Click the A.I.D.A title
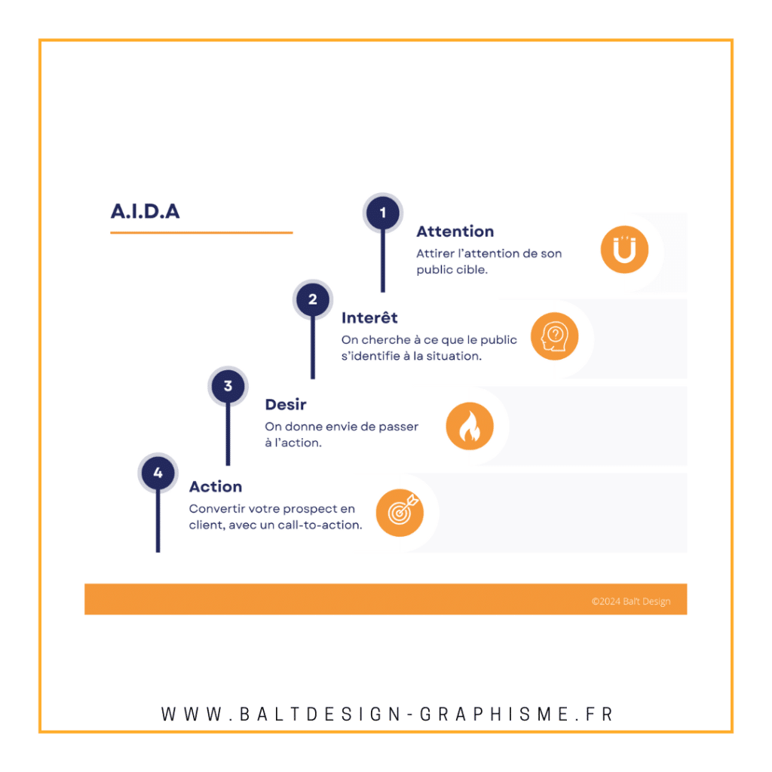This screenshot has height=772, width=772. pyautogui.click(x=146, y=211)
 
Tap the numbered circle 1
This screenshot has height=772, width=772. pyautogui.click(x=382, y=213)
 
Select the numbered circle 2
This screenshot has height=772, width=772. pyautogui.click(x=313, y=299)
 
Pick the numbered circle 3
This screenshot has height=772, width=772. pyautogui.click(x=228, y=386)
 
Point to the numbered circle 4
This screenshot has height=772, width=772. pyautogui.click(x=158, y=473)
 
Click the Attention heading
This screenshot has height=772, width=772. pyautogui.click(x=455, y=231)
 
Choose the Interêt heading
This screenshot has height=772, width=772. pyautogui.click(x=369, y=317)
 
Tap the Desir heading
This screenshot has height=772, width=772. pyautogui.click(x=286, y=405)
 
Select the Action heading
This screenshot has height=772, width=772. pyautogui.click(x=216, y=486)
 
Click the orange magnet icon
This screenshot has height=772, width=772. pyautogui.click(x=624, y=250)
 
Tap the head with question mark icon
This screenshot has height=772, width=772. pyautogui.click(x=554, y=336)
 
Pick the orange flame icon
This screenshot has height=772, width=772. pyautogui.click(x=470, y=426)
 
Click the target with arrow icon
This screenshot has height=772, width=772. pyautogui.click(x=400, y=513)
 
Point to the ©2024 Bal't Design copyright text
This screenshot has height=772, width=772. pyautogui.click(x=631, y=601)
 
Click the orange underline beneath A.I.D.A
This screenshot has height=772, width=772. pyautogui.click(x=201, y=232)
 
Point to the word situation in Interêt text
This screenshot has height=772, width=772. pyautogui.click(x=455, y=356)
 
